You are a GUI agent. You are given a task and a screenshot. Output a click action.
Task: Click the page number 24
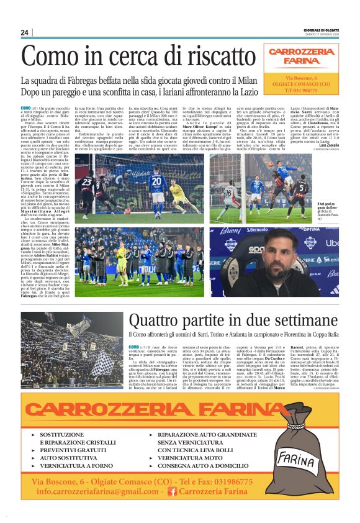click(x=25, y=32)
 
